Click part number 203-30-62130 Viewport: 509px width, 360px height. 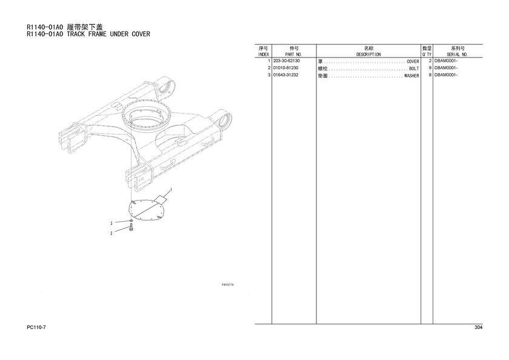pos(287,61)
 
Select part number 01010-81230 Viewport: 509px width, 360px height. pos(285,68)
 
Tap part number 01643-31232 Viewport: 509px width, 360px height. pos(285,75)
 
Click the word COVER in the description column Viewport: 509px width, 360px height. pos(413,61)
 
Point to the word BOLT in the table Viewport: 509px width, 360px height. pos(414,68)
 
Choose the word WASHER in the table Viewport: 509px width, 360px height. pos(411,76)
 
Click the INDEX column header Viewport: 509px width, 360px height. pos(263,55)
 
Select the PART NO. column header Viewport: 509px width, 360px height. pos(293,55)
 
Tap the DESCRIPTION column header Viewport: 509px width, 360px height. pos(368,55)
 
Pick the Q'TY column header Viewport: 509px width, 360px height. pos(427,55)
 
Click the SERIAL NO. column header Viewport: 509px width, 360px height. pos(457,55)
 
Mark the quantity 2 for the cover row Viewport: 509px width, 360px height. pos(430,61)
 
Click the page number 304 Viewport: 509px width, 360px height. pos(478,327)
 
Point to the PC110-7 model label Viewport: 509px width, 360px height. pos(36,327)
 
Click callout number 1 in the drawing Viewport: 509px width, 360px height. pos(171,190)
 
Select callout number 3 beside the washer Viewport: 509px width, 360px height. pos(111,224)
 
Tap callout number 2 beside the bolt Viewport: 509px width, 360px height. pos(111,233)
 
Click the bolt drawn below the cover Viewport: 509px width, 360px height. pos(131,228)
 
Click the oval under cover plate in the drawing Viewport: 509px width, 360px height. pos(146,210)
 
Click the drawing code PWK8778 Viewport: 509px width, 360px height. pos(228,285)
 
